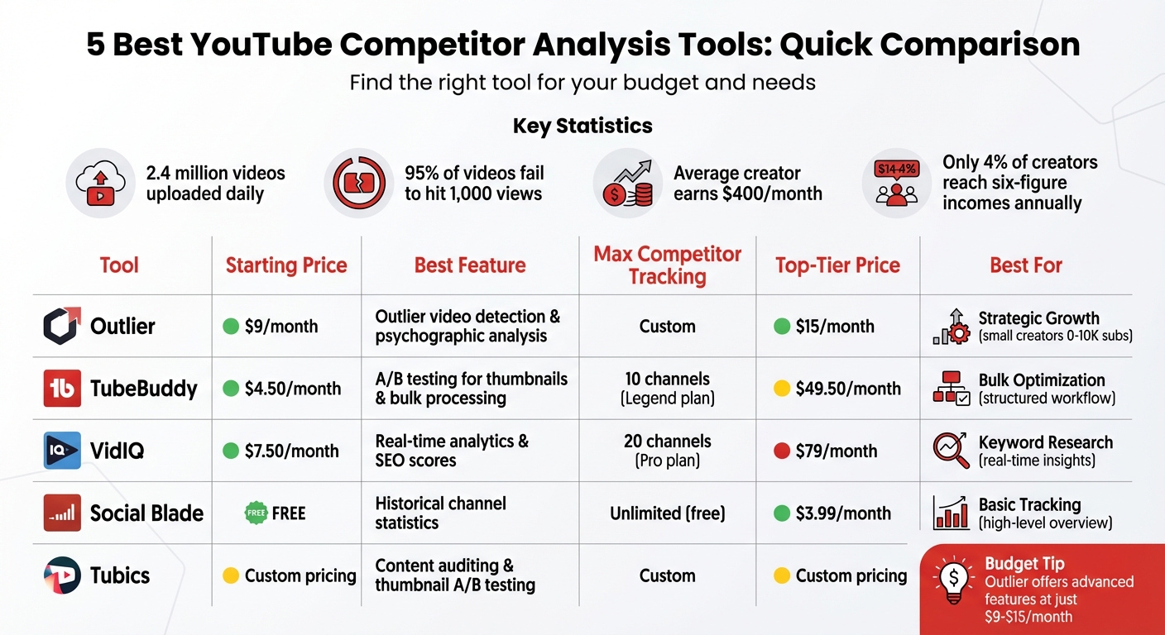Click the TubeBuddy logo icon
click(x=62, y=389)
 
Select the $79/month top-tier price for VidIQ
click(x=836, y=451)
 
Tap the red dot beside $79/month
click(x=781, y=451)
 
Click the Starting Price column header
click(x=286, y=265)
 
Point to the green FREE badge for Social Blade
click(x=256, y=513)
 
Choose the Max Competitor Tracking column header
click(x=667, y=265)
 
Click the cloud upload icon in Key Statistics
click(x=98, y=184)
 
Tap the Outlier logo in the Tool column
click(x=62, y=326)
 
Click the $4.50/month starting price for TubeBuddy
click(x=293, y=389)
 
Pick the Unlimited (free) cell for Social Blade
click(x=667, y=513)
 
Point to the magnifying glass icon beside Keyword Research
click(x=951, y=451)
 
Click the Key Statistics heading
click(x=582, y=126)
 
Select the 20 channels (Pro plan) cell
click(x=667, y=451)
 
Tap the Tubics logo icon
click(x=62, y=575)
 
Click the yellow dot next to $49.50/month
click(x=781, y=389)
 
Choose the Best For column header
click(x=1026, y=265)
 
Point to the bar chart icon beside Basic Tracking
click(x=951, y=513)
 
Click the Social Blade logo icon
click(x=62, y=513)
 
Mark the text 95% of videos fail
click(x=474, y=174)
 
